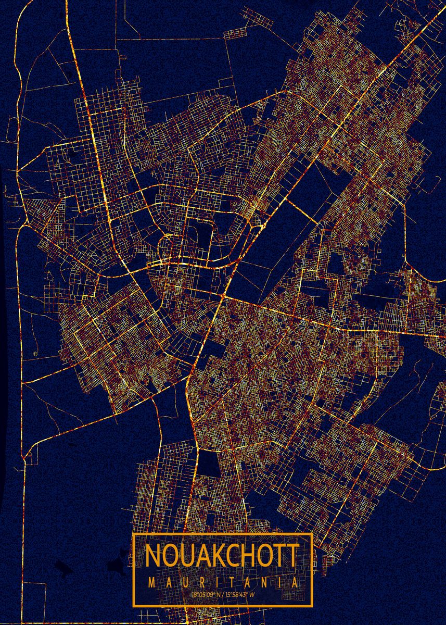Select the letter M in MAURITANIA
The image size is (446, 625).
(152, 583)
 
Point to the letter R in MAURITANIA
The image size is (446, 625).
(200, 583)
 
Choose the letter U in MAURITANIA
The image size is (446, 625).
(184, 583)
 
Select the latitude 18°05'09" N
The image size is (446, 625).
(207, 594)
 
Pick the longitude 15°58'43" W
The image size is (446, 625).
(239, 594)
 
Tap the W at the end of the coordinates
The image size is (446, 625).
(253, 594)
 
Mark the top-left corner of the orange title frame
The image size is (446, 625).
(133, 534)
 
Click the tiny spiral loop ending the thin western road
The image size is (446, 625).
(34, 354)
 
